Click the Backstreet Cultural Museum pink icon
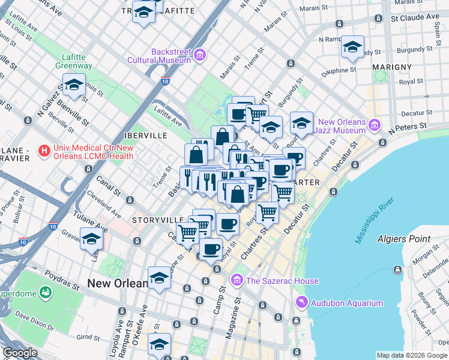click(199, 56)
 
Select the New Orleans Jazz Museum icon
click(375, 125)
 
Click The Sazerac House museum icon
click(237, 281)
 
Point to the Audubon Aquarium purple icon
click(301, 303)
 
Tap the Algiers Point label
click(403, 239)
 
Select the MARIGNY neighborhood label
click(392, 67)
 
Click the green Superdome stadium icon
click(45, 293)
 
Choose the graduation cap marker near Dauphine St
click(353, 47)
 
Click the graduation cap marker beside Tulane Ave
click(91, 239)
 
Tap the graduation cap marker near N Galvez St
click(74, 85)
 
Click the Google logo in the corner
click(20, 352)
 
